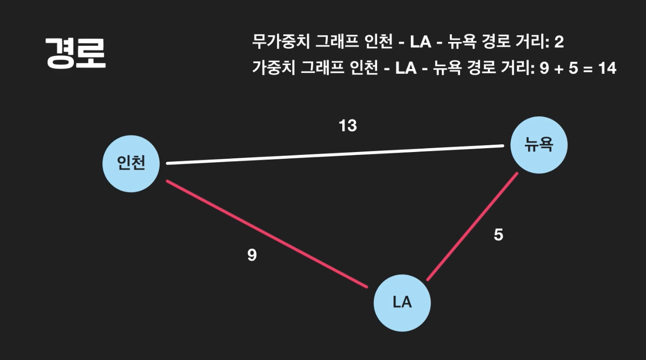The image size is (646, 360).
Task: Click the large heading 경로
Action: (x=75, y=54)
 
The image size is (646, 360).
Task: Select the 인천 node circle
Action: (x=131, y=164)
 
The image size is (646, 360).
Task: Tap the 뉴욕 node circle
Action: (x=538, y=145)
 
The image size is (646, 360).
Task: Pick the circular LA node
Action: (x=402, y=303)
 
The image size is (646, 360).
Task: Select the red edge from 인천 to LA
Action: (x=266, y=234)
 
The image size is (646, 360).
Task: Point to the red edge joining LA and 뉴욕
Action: (x=472, y=227)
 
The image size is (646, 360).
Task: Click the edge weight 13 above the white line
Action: (x=348, y=125)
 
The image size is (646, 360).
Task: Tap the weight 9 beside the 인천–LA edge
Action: (x=252, y=255)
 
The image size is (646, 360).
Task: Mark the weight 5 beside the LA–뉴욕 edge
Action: (x=498, y=235)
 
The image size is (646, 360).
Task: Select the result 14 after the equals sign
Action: (x=607, y=69)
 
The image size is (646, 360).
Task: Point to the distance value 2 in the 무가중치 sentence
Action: (x=559, y=42)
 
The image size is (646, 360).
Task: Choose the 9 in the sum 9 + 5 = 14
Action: (x=544, y=69)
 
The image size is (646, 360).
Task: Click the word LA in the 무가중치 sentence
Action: (x=420, y=42)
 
